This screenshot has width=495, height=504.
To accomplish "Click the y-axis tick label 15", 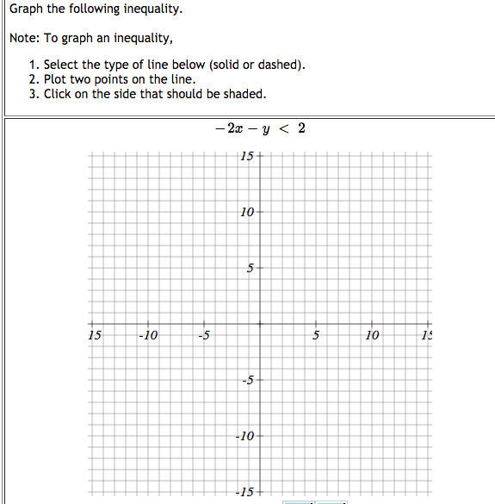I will [247, 156].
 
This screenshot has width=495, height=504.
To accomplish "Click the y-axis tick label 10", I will [247, 212].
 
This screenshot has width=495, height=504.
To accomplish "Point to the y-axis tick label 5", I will [250, 269].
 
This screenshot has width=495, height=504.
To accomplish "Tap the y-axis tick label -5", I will [247, 380].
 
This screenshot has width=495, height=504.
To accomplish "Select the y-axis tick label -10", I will [245, 436].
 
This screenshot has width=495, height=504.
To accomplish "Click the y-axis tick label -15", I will [245, 492].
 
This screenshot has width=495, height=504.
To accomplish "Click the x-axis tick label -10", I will [149, 335].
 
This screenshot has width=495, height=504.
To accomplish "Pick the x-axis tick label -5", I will [203, 335].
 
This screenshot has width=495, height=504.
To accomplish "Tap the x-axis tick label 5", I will [316, 335].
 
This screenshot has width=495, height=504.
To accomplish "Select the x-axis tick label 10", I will [372, 335].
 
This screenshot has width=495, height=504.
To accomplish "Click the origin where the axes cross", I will [260, 325].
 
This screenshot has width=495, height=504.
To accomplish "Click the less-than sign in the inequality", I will [283, 129].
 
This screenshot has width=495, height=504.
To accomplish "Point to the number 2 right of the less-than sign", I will [300, 128].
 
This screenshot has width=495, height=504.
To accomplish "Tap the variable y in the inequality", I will [265, 131].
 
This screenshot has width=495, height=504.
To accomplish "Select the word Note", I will [23, 38].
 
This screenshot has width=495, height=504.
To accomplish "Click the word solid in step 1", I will [226, 65].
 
